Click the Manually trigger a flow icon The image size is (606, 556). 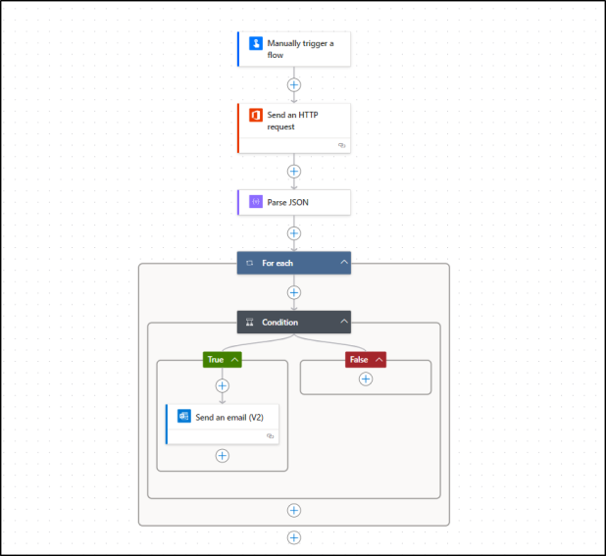tap(256, 44)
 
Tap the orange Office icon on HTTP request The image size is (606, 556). tap(256, 115)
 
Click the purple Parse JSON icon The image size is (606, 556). tap(256, 201)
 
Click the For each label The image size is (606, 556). tap(277, 263)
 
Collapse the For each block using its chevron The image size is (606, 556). tap(343, 263)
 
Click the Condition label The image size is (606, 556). tap(279, 322)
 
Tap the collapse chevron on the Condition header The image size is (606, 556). tap(343, 322)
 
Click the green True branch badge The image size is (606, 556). tap(216, 360)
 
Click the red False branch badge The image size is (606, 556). tap(359, 360)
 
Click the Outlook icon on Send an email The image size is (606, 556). tap(184, 416)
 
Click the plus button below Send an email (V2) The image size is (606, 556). tap(223, 456)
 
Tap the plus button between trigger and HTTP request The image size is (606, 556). tap(293, 83)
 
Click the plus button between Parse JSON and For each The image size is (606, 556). tap(293, 233)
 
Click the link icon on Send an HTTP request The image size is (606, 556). tap(341, 145)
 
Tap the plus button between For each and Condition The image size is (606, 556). tap(293, 292)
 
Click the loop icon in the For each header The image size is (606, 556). tap(249, 263)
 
